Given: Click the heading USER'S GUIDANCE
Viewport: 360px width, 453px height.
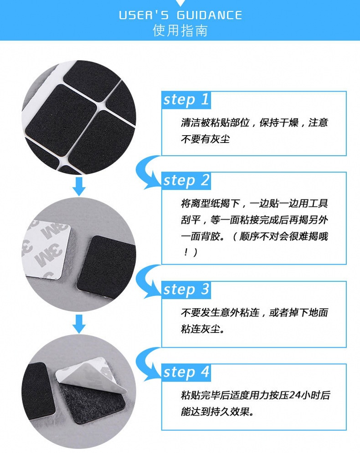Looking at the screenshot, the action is point(180,15).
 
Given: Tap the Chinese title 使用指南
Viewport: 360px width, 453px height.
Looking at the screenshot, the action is point(180,31).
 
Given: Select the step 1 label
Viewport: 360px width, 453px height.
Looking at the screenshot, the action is point(186,100).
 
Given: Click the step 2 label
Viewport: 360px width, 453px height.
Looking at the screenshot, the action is point(186,181).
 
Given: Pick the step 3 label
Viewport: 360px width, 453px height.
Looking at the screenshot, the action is point(186,290).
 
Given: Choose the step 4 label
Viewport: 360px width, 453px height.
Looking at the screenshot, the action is point(186,372).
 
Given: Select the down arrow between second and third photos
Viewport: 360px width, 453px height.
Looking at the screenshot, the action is point(79,324).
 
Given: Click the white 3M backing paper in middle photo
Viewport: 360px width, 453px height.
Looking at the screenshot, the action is point(46,250).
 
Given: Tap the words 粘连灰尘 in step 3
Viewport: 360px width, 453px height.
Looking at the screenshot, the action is point(201,329).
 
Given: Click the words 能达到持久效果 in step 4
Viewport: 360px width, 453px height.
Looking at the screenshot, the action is point(215,412).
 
